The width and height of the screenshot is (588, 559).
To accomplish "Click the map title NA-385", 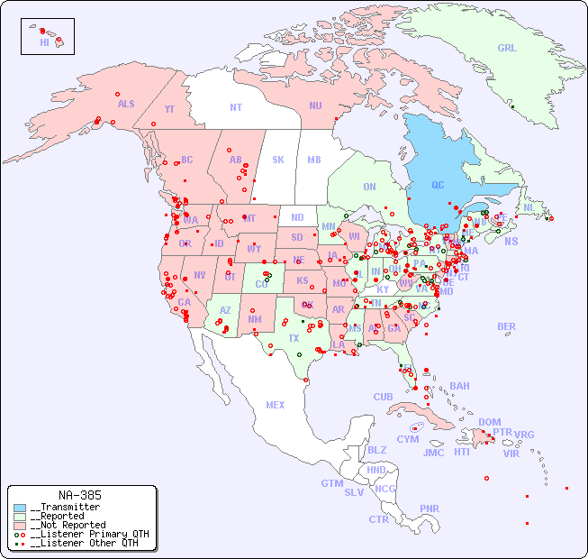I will (x=79, y=495).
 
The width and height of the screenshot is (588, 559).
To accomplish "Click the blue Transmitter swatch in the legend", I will (x=20, y=508).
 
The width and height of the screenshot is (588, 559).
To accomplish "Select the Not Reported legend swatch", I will (x=20, y=525).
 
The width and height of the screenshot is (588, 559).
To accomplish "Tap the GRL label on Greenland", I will (x=507, y=48).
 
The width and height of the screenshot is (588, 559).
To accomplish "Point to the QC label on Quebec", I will (x=438, y=185).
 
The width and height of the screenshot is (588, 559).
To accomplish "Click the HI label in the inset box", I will (x=44, y=42).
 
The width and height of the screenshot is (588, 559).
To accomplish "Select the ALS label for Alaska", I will (x=126, y=104).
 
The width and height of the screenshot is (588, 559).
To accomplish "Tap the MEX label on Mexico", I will (x=276, y=405).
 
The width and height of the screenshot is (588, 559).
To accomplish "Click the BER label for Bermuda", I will (x=507, y=326).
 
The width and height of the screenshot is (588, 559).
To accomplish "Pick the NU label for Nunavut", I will (x=315, y=105).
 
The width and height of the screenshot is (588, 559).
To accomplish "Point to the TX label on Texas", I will (x=294, y=338).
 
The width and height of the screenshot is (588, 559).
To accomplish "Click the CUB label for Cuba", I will (x=383, y=397).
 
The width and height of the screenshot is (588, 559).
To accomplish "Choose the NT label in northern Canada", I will (x=236, y=107).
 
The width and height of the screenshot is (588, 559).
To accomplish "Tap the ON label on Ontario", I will (x=369, y=187).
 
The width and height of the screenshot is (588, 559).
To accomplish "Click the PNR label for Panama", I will (x=430, y=509).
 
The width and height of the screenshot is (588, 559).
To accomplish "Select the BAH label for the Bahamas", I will (x=459, y=386).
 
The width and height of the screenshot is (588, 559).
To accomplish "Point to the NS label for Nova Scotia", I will (x=511, y=241).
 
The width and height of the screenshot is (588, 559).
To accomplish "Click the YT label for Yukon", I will (x=169, y=109).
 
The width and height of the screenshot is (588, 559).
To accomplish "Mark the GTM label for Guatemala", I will (x=331, y=483).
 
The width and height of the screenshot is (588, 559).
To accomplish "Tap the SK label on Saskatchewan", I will (x=278, y=160).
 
